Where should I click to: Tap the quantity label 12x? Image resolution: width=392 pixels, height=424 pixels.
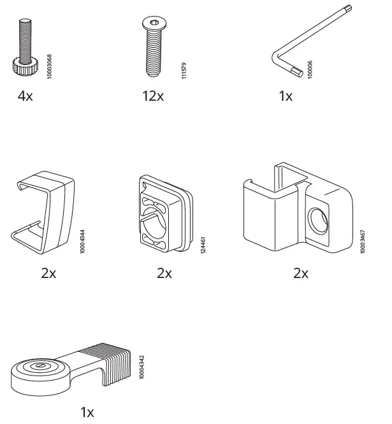tap(152, 97)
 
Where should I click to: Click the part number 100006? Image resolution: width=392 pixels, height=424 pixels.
tap(310, 68)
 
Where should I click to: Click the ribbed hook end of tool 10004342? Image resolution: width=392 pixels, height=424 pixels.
tap(112, 363)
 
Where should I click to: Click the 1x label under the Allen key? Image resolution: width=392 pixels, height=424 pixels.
tap(286, 97)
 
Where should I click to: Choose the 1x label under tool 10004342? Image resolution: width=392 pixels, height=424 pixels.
tap(87, 412)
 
